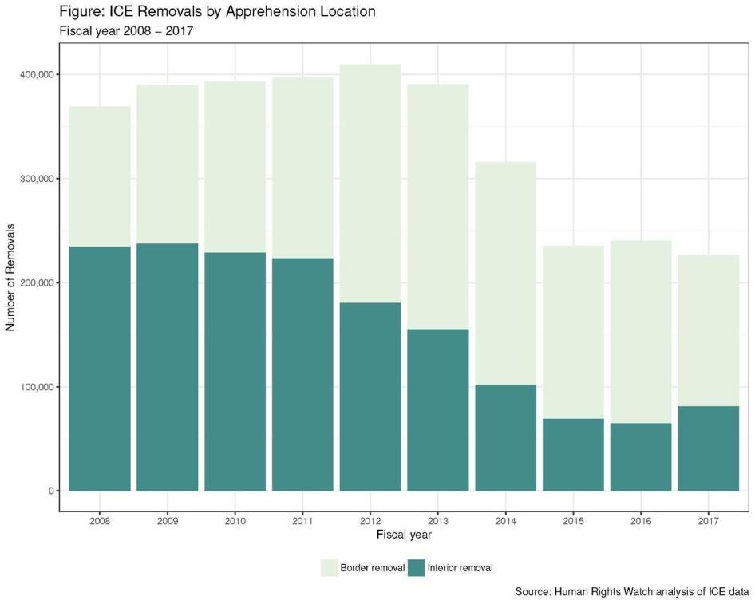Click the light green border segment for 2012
370,184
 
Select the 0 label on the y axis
49,491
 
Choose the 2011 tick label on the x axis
302,521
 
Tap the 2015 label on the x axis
573,521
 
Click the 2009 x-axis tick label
168,521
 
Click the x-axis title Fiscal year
404,534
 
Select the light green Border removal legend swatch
330,568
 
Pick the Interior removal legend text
461,568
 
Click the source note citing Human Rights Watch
632,592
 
